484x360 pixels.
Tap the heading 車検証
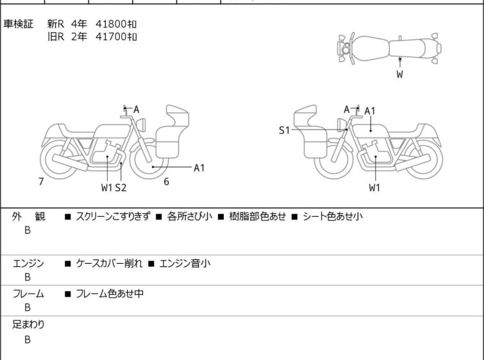coord(18,24)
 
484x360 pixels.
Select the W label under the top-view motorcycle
coord(400,74)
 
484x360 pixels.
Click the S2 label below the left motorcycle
coord(121,187)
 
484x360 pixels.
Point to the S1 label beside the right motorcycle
coord(284,130)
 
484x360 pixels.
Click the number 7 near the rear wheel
coord(41,182)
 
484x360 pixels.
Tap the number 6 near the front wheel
coord(166,182)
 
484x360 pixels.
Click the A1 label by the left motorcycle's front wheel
coord(199,167)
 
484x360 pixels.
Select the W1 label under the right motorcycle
coord(374,187)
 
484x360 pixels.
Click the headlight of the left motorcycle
coord(141,125)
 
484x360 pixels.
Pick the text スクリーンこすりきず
coord(113,216)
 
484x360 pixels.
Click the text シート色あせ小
coord(333,216)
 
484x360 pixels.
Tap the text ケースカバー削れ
coord(109,263)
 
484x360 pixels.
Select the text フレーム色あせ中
coord(110,293)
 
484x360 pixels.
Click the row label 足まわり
coord(28,325)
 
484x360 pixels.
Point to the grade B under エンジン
coord(28,277)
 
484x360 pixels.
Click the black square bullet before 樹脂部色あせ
coord(221,217)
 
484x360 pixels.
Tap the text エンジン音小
coord(185,263)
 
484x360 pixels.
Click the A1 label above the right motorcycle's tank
coord(370,111)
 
